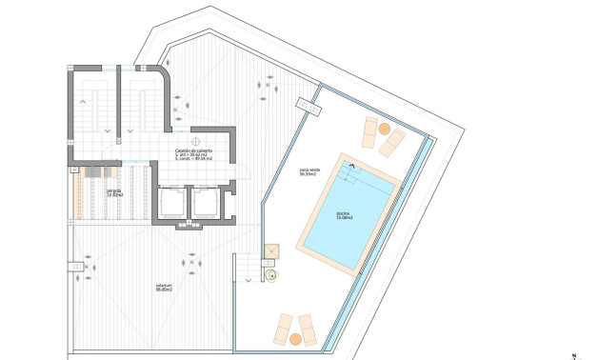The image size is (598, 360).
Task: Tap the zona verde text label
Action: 309,170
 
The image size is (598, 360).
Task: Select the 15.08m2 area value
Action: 345,218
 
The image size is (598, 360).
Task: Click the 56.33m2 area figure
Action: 309,174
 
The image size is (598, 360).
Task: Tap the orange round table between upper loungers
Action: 384,129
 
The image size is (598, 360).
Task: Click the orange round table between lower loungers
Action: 296,338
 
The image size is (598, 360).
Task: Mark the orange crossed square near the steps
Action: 270,252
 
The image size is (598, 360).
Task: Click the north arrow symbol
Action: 575,354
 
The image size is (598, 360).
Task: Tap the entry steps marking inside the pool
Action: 352,169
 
